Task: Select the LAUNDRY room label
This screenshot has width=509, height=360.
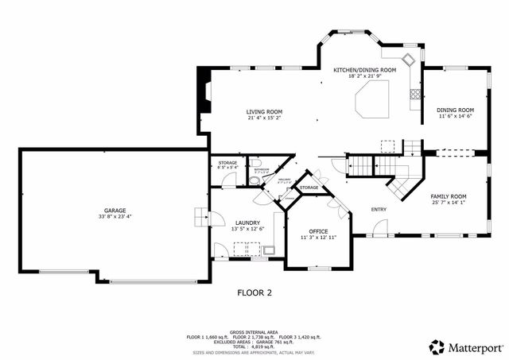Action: (247, 223)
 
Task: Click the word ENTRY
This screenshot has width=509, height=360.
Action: (379, 210)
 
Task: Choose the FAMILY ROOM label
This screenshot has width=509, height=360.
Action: (449, 195)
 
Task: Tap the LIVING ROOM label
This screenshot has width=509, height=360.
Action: (265, 111)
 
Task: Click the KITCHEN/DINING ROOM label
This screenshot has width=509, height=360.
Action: (364, 70)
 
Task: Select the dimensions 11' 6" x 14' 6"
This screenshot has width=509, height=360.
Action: (456, 116)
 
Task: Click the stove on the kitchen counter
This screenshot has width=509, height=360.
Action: (414, 97)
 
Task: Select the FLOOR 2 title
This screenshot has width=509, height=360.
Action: (254, 292)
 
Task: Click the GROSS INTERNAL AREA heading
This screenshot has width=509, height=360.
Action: (254, 331)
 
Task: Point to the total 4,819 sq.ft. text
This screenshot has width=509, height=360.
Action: (254, 346)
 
